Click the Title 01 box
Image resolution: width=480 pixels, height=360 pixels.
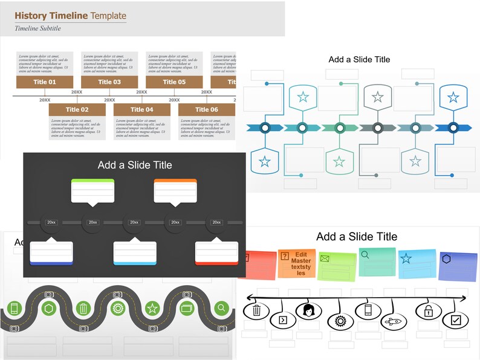tap(45, 82)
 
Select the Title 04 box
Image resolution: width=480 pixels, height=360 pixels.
tap(141, 109)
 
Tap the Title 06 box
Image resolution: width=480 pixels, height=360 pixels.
tap(206, 109)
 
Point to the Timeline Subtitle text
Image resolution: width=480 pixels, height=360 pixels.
tap(37, 28)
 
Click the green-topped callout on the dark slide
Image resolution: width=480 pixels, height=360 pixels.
tap(92, 191)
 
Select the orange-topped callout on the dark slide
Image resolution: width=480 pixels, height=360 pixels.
tap(175, 191)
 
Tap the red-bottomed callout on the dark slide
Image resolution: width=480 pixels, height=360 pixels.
tap(216, 253)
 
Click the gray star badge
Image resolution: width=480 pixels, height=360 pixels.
tap(377, 97)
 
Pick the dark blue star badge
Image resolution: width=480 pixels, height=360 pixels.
tap(452, 97)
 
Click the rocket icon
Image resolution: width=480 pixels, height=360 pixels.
tap(394, 321)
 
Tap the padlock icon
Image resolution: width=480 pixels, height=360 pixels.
tap(427, 311)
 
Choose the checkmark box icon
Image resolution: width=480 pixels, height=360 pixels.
tap(456, 320)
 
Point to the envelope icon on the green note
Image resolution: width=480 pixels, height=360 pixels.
tap(325, 259)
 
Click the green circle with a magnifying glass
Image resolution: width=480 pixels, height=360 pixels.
tap(222, 308)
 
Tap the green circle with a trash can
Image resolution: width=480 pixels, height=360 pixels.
tap(83, 309)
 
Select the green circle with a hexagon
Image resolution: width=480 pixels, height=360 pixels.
tap(49, 309)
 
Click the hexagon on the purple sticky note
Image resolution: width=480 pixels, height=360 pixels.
tap(446, 259)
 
